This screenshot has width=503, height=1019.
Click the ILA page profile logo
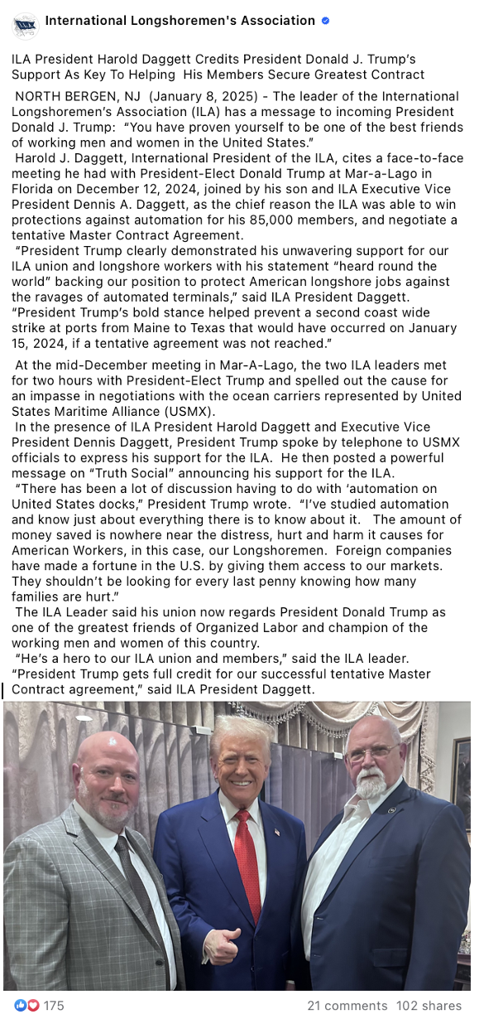(x=25, y=25)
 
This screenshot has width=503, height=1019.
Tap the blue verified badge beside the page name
(x=325, y=21)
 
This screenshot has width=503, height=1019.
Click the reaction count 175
(x=54, y=1006)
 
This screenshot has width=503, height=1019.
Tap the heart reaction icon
(x=33, y=1006)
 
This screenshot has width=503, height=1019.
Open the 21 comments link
(x=347, y=1006)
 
